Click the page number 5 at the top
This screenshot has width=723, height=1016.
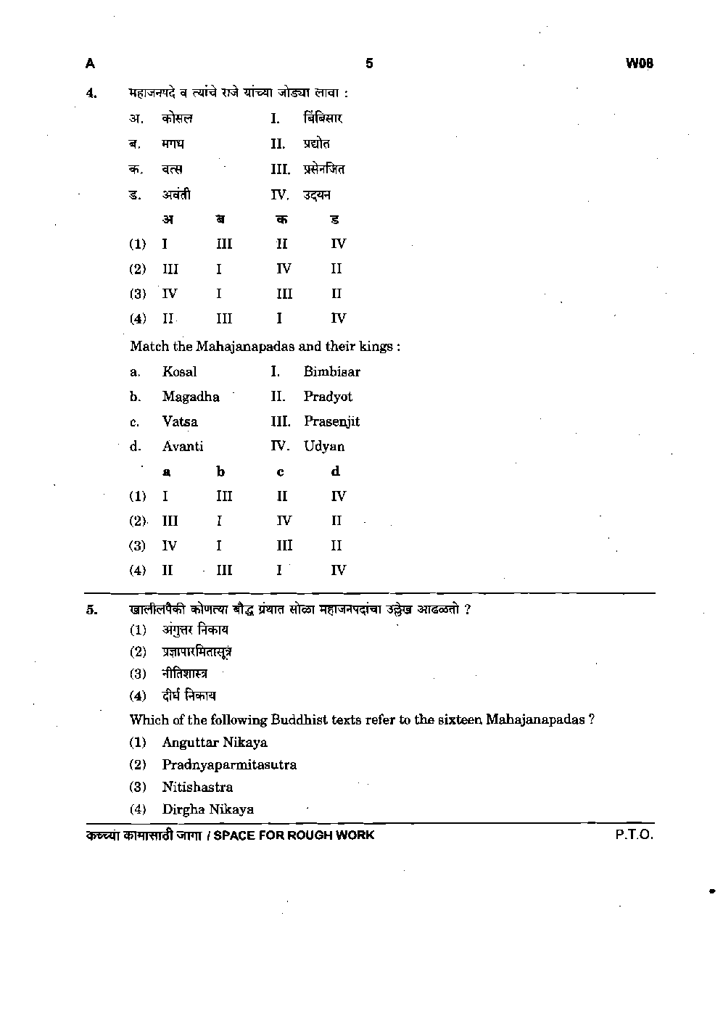coord(369,64)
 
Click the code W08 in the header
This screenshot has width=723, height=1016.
coord(639,64)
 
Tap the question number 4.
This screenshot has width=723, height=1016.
coord(91,93)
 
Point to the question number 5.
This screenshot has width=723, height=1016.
coord(91,609)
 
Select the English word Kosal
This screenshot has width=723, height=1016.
coord(179,372)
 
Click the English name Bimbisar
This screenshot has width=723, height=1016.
coord(331,372)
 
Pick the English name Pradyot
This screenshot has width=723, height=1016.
coord(328,397)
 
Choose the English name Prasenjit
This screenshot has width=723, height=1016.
coord(331,421)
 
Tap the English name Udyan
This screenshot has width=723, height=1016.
coord(324,447)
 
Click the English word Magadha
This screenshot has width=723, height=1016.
coord(191,397)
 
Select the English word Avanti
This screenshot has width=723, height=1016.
coord(183,447)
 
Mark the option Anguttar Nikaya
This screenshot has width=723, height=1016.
coord(215,743)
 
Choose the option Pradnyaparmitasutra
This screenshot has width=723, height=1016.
coord(229,765)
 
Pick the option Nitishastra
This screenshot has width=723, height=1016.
coord(197,788)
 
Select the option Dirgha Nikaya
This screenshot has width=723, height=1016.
coord(208,810)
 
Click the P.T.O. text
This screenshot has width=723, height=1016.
coord(635,835)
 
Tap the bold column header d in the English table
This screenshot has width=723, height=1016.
coord(335,471)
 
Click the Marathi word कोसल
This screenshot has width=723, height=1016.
coord(178,119)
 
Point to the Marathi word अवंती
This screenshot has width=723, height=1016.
coord(176,194)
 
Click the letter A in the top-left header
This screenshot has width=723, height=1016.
coord(90,64)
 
